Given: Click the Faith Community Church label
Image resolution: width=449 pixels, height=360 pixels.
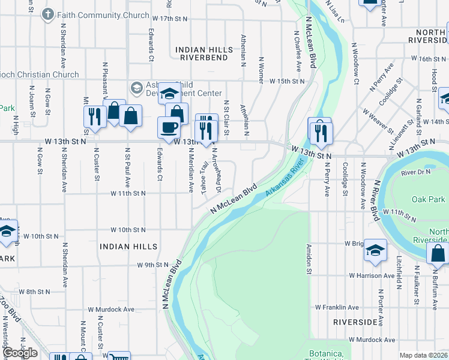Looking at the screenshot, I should click(x=103, y=14).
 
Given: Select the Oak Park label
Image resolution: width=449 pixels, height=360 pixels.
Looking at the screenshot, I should click(x=429, y=199).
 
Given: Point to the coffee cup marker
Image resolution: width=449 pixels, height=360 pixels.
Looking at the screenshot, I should click(x=169, y=127).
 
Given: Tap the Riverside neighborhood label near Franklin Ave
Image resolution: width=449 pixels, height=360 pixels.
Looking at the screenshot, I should click(x=357, y=322).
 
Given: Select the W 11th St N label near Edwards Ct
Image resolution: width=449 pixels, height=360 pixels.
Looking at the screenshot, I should click(x=128, y=193).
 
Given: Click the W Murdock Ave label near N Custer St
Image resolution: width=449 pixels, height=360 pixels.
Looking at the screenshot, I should click(x=111, y=310).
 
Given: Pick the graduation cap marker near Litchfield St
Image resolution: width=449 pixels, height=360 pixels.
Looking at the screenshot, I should click(x=375, y=251).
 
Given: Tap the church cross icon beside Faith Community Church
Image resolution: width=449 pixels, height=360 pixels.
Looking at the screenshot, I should click(x=47, y=14).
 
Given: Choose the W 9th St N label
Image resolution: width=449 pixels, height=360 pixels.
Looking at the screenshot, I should click(x=153, y=265).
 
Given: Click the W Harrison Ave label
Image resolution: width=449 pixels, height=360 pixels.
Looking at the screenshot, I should click(x=372, y=275).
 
